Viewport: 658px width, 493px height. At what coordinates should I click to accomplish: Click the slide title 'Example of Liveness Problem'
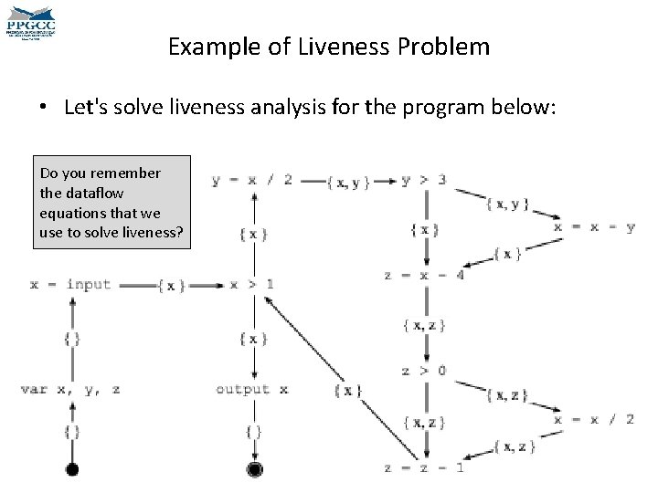(329, 47)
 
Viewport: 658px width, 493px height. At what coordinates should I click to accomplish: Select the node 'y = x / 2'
(251, 180)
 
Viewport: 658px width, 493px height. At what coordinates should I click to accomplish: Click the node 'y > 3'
(424, 180)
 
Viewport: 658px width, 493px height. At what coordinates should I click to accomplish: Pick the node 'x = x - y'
(595, 227)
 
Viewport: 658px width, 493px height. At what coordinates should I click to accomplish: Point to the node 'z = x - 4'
(424, 276)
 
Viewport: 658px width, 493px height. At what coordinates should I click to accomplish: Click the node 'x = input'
(70, 285)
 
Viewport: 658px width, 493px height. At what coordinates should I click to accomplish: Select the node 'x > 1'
(251, 285)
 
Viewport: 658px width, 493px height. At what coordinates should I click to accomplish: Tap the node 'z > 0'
(424, 372)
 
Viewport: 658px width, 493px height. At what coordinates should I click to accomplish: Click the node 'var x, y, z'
(70, 390)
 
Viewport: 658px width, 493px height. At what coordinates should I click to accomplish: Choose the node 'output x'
(251, 390)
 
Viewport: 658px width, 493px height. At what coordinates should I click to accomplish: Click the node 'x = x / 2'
(595, 419)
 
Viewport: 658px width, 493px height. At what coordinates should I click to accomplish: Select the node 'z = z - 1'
(424, 467)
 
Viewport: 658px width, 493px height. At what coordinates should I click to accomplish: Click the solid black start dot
(71, 469)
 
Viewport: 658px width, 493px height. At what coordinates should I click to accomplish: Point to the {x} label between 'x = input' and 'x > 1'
(171, 286)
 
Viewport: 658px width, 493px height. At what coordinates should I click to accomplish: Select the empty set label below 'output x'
(253, 431)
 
